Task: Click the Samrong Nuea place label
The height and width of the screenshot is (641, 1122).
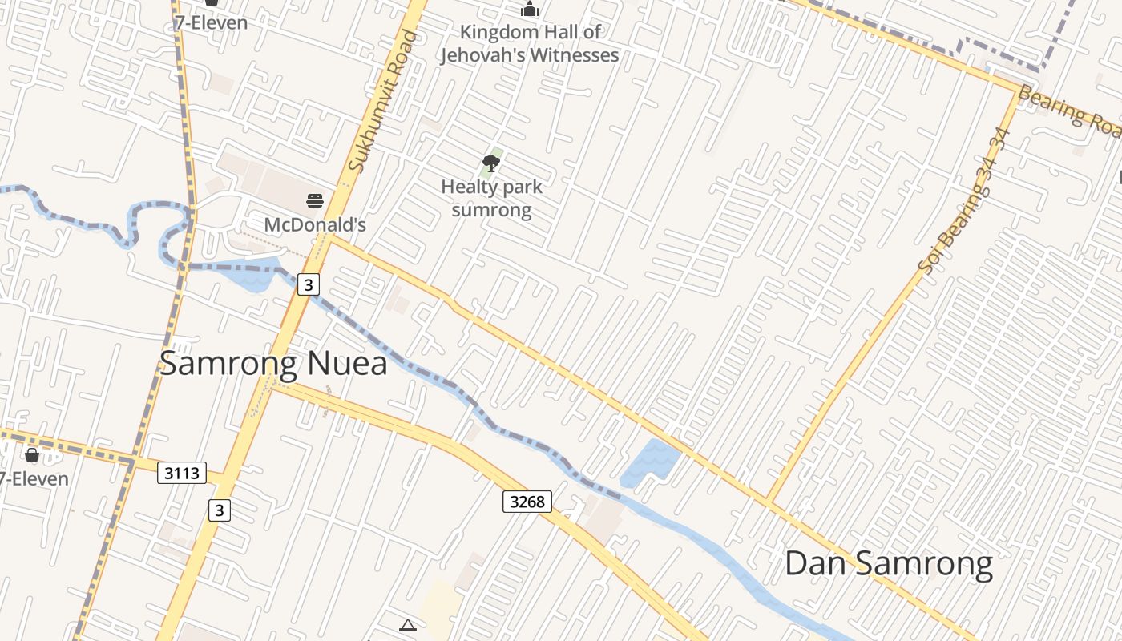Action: click(x=273, y=363)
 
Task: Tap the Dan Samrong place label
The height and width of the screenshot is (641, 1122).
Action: click(x=888, y=563)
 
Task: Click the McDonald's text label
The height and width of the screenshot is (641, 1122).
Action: click(x=315, y=224)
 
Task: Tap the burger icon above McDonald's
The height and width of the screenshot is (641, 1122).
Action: click(x=315, y=200)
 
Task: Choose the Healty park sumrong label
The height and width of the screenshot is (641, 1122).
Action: click(x=491, y=198)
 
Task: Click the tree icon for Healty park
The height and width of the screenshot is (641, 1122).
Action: click(x=491, y=164)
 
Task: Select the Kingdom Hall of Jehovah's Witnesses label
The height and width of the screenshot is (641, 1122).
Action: click(x=529, y=43)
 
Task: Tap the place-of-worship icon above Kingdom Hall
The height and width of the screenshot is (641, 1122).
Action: click(x=529, y=10)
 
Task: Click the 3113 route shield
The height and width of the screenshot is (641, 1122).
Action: click(x=181, y=474)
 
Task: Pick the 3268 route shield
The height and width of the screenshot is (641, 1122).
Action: click(x=527, y=502)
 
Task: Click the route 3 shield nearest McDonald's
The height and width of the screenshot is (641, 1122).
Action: click(x=309, y=284)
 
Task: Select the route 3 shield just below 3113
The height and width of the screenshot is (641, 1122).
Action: click(x=220, y=510)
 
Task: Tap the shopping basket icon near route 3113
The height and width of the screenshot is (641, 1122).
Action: click(x=32, y=455)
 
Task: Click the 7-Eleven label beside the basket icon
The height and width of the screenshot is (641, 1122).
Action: click(x=34, y=479)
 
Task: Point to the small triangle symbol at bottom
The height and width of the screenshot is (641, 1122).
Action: click(x=408, y=625)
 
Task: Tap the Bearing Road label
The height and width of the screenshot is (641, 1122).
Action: click(x=1070, y=114)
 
